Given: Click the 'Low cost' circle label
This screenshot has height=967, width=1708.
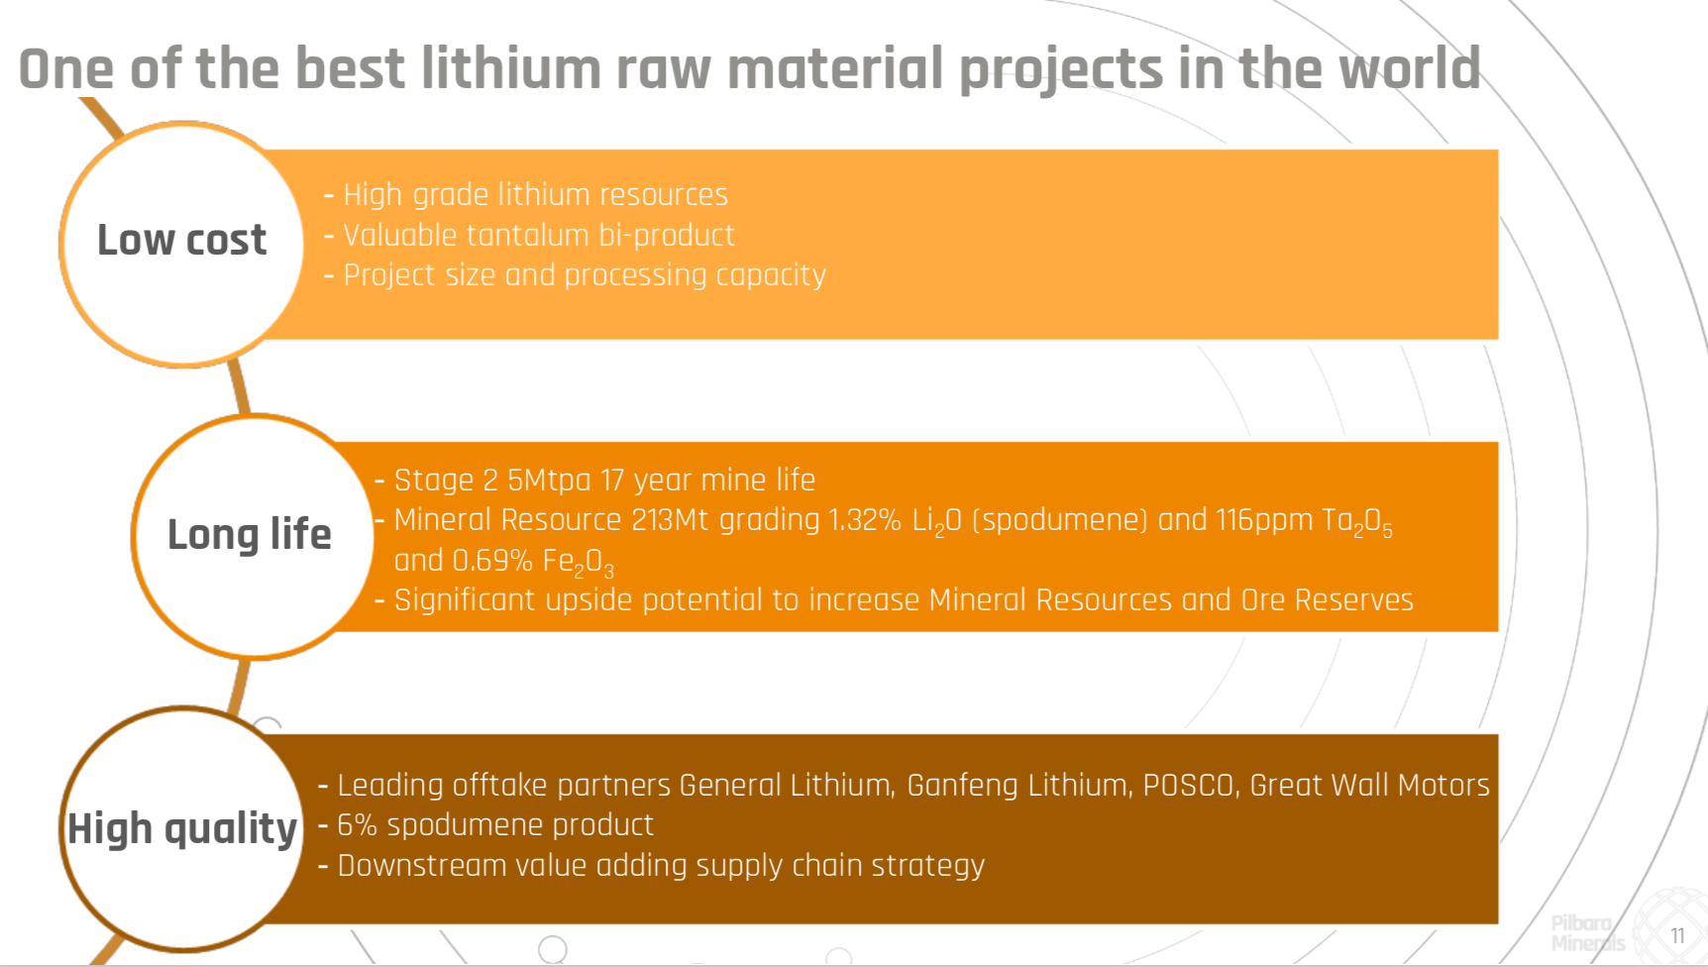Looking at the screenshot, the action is click(x=181, y=241).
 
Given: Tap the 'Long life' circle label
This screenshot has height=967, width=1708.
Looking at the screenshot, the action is click(x=250, y=535).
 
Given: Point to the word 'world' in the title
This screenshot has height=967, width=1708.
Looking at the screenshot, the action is click(x=1409, y=68).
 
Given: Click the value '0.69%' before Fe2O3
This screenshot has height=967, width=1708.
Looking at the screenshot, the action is click(x=492, y=561).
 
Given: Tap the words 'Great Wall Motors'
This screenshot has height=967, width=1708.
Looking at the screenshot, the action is click(x=1369, y=786).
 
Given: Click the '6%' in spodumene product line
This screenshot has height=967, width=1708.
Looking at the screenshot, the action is click(x=357, y=825).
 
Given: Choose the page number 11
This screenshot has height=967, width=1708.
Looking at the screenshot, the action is click(x=1677, y=936).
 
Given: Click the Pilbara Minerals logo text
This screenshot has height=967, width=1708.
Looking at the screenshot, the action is click(x=1587, y=933).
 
